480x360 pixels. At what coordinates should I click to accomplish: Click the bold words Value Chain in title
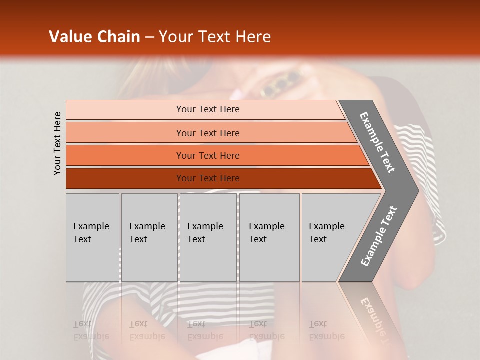[x=94, y=37]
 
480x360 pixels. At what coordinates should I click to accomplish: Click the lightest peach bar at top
[x=125, y=110]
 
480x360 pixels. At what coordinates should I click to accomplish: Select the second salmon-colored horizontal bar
[x=125, y=133]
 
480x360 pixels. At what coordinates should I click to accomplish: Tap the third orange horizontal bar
[x=125, y=156]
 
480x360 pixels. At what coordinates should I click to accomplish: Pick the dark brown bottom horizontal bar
[x=125, y=178]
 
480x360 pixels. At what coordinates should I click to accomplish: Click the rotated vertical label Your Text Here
[x=58, y=143]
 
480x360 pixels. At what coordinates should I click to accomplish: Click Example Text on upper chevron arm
[x=377, y=142]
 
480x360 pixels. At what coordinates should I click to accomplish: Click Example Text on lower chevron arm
[x=378, y=236]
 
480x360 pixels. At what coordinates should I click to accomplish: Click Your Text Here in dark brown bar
[x=208, y=178]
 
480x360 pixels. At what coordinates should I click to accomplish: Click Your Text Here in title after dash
[x=215, y=37]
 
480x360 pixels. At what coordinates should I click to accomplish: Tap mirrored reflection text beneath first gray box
[x=91, y=330]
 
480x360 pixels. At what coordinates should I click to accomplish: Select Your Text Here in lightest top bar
[x=208, y=109]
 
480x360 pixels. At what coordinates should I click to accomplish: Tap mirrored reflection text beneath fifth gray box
[x=326, y=330]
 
